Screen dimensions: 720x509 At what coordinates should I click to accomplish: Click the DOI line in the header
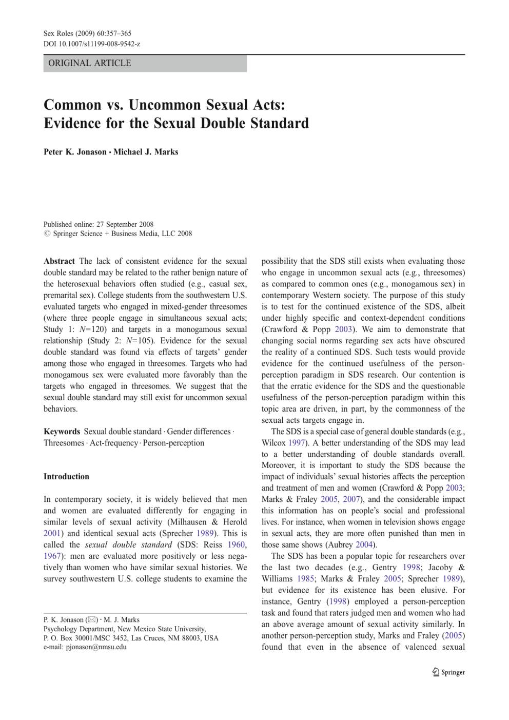pos(92,44)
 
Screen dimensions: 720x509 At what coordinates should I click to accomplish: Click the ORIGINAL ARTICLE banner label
pos(90,63)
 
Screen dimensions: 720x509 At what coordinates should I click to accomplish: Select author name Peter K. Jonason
pos(75,152)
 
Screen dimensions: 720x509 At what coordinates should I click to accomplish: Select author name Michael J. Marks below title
pos(146,152)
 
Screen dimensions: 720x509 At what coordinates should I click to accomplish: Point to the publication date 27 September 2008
pos(125,224)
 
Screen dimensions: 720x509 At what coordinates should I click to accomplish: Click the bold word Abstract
pos(59,261)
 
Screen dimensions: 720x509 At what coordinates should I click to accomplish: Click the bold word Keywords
pos(62,432)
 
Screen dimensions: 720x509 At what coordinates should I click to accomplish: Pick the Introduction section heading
pos(66,477)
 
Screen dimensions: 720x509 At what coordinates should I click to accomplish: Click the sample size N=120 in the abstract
pos(92,329)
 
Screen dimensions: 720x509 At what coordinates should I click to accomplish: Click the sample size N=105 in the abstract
pos(140,341)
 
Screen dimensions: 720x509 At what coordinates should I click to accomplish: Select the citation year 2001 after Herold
pos(52,534)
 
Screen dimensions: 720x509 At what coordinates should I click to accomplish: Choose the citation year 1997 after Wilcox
pos(297,443)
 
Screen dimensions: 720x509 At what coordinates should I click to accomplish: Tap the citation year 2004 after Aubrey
pos(365,545)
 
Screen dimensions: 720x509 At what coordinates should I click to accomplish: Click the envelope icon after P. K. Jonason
pos(92,620)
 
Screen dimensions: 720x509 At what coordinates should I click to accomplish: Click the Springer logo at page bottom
pos(448,672)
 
